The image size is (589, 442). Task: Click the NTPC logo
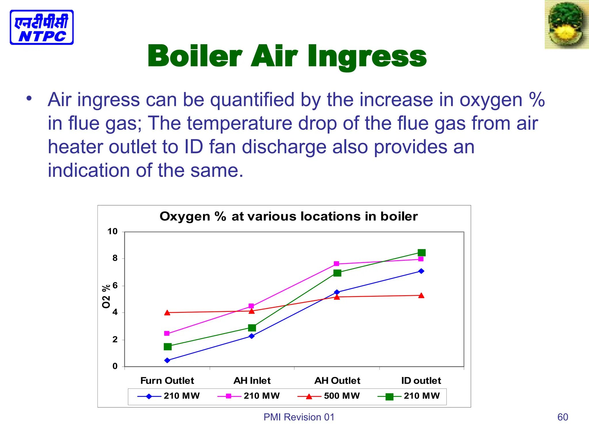coord(42,27)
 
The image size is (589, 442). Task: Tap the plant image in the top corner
coord(566,25)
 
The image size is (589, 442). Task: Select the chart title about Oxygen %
coord(288,216)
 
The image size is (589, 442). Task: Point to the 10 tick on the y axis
coord(112,231)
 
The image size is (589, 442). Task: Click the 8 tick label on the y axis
coord(115,258)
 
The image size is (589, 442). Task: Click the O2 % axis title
coord(106,296)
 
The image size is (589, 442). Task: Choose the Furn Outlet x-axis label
coord(167,381)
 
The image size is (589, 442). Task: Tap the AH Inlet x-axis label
coord(252,381)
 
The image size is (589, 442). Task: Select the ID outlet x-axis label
coord(421,381)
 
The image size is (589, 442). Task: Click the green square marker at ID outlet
coord(422,253)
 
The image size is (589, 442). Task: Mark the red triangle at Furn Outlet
coord(167,313)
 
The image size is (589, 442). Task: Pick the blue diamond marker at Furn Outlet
coord(167,360)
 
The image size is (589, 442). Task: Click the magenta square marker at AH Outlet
coord(336,264)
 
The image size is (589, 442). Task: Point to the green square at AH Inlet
coord(252,328)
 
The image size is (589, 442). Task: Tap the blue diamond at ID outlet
coord(421,271)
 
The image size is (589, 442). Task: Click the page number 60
coord(563,417)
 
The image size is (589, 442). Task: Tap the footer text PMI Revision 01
coord(299,417)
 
